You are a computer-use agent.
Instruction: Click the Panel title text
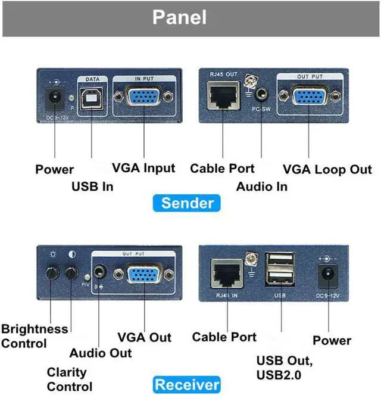tap(179, 17)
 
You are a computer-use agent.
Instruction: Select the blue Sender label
tap(187, 203)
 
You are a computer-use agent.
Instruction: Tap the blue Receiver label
tap(187, 384)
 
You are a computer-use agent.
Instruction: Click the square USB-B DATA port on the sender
tap(92, 97)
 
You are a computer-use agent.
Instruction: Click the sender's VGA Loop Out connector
tap(309, 97)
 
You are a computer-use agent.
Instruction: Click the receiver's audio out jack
tap(101, 274)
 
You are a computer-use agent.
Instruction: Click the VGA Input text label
tap(143, 168)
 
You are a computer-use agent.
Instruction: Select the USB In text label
tap(92, 186)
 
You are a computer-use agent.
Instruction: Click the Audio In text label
tap(261, 186)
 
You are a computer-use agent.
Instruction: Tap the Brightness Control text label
tap(34, 336)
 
